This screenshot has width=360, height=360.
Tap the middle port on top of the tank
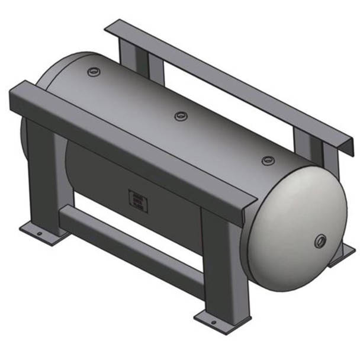179,115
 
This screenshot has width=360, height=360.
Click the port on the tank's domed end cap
321,240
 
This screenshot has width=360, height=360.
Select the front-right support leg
220,261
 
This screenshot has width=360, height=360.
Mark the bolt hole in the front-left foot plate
39,235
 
